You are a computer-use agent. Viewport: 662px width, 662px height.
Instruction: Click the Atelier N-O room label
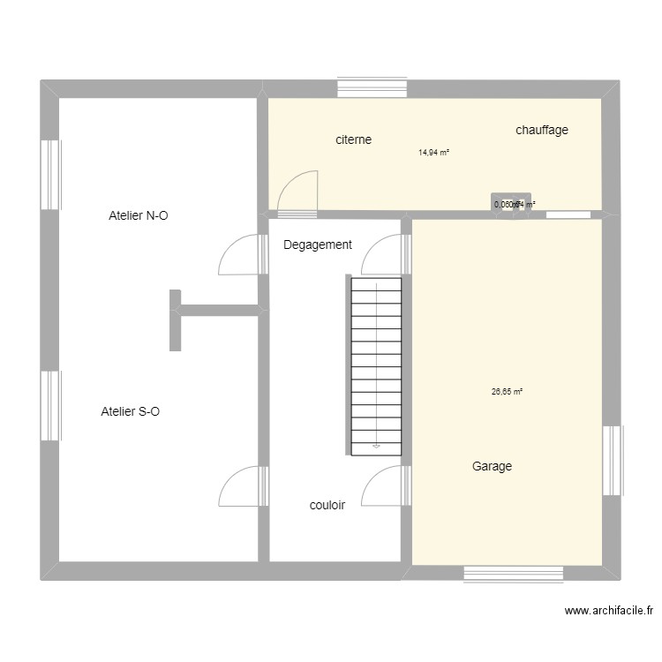[138, 215]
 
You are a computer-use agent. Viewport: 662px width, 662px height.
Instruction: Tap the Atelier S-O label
[131, 411]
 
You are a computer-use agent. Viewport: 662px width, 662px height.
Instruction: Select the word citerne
[353, 139]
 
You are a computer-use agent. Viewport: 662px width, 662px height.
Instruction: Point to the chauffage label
[542, 130]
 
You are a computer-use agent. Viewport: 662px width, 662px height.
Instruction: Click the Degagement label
[318, 245]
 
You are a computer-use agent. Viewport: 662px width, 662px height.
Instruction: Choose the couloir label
[327, 506]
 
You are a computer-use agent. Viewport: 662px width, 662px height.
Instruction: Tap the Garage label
[492, 467]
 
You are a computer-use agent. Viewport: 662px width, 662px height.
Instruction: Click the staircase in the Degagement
[377, 366]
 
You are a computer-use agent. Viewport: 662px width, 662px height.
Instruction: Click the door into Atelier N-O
[243, 255]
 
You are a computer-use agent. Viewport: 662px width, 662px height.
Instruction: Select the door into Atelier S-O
[243, 486]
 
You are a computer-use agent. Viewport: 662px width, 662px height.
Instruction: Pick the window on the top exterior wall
[372, 88]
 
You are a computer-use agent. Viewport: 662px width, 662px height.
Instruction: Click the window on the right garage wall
[612, 461]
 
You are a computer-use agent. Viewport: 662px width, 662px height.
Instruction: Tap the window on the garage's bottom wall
[514, 574]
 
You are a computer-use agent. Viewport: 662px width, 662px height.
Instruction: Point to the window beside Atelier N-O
[50, 175]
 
